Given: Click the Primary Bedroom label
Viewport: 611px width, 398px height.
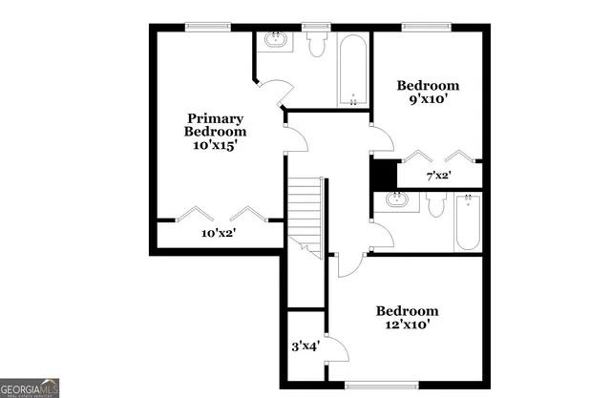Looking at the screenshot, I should pyautogui.click(x=215, y=124).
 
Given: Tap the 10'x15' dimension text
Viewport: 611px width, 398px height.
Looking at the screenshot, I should pyautogui.click(x=215, y=146).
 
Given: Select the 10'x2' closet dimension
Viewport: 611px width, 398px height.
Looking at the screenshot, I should pyautogui.click(x=219, y=233).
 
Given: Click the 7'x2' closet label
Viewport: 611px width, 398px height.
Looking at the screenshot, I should pyautogui.click(x=438, y=175).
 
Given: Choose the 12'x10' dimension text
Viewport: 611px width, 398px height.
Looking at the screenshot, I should pyautogui.click(x=408, y=325).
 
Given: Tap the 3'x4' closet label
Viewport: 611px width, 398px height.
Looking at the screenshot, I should pyautogui.click(x=305, y=346).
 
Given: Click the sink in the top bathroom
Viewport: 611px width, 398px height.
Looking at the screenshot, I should pyautogui.click(x=277, y=40).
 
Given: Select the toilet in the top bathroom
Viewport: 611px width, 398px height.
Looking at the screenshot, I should pyautogui.click(x=316, y=42).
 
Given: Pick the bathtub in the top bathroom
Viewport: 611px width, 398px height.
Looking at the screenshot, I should pyautogui.click(x=353, y=70).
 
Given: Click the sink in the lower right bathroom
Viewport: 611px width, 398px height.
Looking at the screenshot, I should pyautogui.click(x=396, y=200).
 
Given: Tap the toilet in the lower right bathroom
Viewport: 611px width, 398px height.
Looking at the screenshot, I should pyautogui.click(x=437, y=203).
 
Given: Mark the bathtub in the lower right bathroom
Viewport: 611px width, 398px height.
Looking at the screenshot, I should pyautogui.click(x=468, y=221).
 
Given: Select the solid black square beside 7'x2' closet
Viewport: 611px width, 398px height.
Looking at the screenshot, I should pyautogui.click(x=383, y=174).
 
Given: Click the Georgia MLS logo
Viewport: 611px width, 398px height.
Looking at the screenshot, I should pyautogui.click(x=30, y=387).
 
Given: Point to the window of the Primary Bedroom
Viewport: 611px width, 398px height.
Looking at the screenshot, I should pyautogui.click(x=206, y=28).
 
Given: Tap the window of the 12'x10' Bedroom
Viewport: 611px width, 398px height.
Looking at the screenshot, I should pyautogui.click(x=381, y=386).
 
